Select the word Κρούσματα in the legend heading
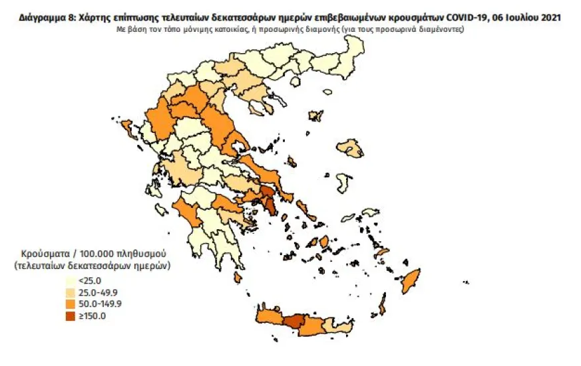(x=43, y=254)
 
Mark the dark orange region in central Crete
(x=293, y=321)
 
